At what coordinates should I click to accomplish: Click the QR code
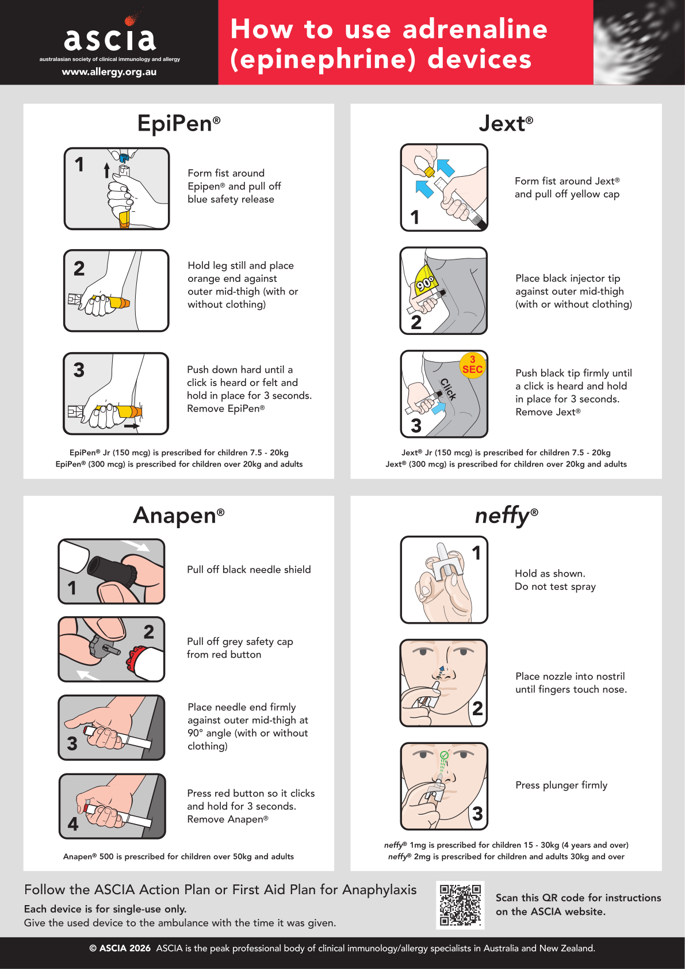click(460, 905)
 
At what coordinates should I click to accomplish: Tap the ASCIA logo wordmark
click(110, 39)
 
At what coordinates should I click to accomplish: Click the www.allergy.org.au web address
click(109, 72)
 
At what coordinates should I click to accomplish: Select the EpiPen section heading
click(179, 124)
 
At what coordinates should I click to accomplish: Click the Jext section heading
click(506, 124)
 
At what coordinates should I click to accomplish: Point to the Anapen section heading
click(179, 515)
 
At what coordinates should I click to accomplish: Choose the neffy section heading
click(506, 516)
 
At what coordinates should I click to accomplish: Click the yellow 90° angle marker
click(424, 280)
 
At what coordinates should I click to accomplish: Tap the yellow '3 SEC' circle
click(472, 365)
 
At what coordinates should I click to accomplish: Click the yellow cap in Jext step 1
click(430, 172)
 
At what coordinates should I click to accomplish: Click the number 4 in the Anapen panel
click(72, 824)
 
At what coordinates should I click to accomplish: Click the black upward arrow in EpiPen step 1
click(106, 170)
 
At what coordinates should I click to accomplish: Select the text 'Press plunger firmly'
click(561, 785)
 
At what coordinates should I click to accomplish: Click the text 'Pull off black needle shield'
click(248, 570)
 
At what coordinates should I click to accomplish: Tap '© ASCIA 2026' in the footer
click(120, 948)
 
